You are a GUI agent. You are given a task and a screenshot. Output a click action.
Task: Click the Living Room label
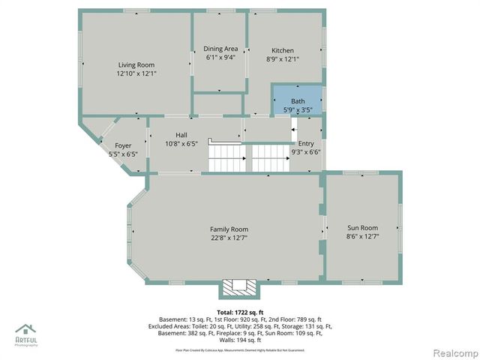point(136,64)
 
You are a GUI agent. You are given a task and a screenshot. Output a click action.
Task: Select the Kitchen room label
point(283,49)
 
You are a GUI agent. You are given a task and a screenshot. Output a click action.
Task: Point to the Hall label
point(181,134)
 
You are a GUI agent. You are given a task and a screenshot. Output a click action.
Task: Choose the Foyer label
point(123,145)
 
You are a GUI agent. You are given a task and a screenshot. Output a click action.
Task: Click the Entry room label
point(305,143)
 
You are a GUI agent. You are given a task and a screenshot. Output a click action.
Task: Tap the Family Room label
point(229,229)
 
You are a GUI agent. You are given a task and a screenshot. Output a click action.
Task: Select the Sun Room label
point(362,227)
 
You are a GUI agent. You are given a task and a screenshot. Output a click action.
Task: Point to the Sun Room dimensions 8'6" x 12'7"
point(362,237)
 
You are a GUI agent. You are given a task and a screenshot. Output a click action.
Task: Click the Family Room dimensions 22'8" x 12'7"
point(229,238)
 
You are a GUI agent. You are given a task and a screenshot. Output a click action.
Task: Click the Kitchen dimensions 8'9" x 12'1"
point(283,59)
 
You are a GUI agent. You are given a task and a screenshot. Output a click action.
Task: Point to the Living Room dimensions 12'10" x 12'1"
point(136,74)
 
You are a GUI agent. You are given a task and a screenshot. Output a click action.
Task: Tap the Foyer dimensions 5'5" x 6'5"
point(123,154)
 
